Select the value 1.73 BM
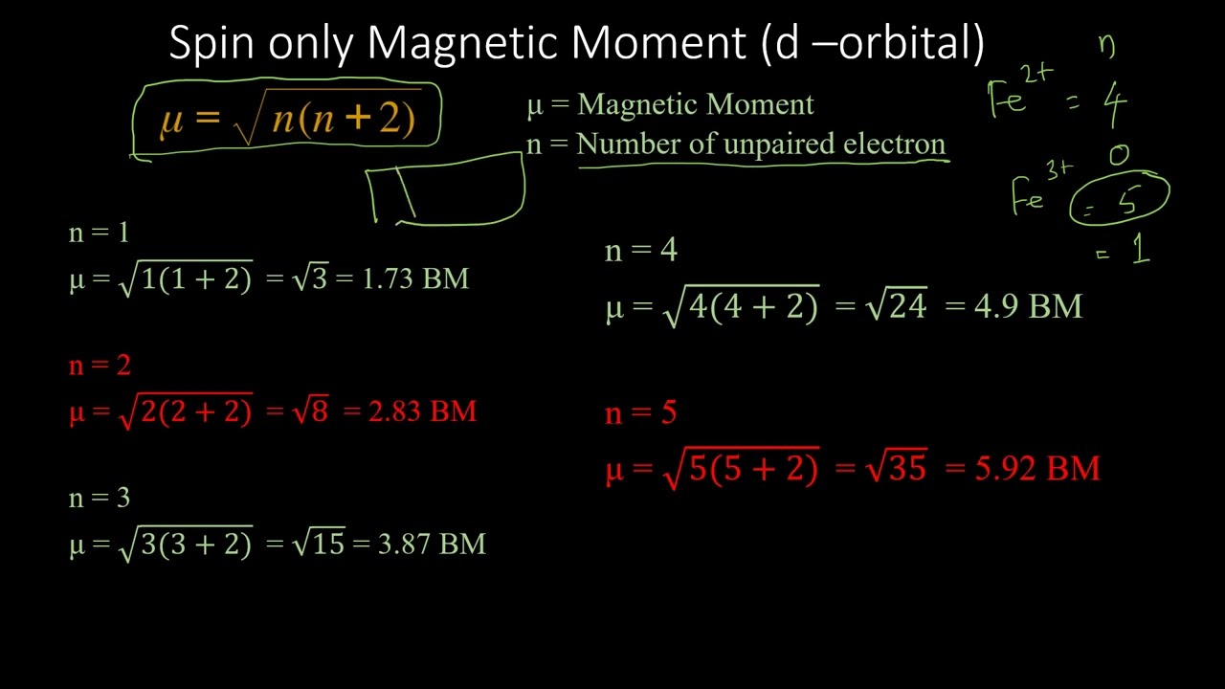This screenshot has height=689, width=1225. click(x=415, y=279)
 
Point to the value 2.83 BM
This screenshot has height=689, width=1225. click(x=422, y=411)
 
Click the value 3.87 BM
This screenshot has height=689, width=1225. click(x=432, y=545)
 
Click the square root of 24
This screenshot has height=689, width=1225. click(x=896, y=306)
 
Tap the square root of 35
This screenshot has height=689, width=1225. click(x=896, y=468)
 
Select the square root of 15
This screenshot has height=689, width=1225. click(x=319, y=545)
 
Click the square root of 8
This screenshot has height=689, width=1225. click(x=311, y=411)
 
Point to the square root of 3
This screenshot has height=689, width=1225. click(x=311, y=279)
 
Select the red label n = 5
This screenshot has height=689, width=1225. click(x=641, y=413)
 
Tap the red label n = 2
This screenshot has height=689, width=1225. click(x=100, y=366)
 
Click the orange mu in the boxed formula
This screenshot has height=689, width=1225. click(x=172, y=120)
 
